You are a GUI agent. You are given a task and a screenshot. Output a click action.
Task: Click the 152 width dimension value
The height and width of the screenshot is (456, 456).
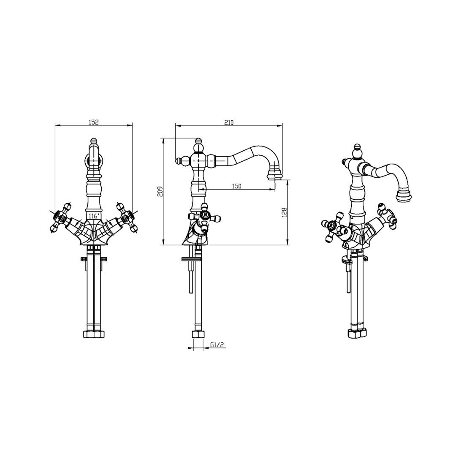tap(94, 122)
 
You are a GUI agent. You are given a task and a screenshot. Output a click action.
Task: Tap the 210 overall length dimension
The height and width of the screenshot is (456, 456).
tap(229, 122)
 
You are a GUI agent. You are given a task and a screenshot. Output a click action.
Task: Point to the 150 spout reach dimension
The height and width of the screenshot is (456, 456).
tap(237, 186)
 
